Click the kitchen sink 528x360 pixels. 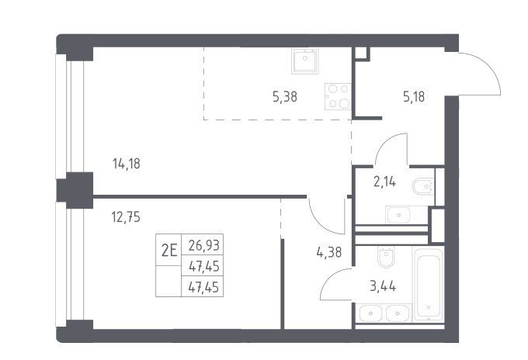pyautogui.click(x=304, y=61)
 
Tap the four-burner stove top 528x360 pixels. pyautogui.click(x=338, y=96)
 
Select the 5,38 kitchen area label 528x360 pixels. pyautogui.click(x=285, y=97)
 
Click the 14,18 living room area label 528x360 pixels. pyautogui.click(x=127, y=164)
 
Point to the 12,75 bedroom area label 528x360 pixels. pyautogui.click(x=126, y=217)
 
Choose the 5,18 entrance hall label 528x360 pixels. pyautogui.click(x=414, y=96)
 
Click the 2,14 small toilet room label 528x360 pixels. pyautogui.click(x=384, y=182)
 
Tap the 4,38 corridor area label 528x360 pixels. pyautogui.click(x=329, y=251)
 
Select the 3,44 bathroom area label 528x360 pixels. pyautogui.click(x=383, y=286)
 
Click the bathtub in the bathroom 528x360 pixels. pyautogui.click(x=429, y=285)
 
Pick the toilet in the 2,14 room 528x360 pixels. pyautogui.click(x=424, y=186)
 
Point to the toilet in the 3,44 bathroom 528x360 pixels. pyautogui.click(x=386, y=258)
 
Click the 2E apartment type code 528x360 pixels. pyautogui.click(x=169, y=250)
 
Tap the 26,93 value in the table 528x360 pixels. pyautogui.click(x=203, y=245)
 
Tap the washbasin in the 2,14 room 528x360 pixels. pyautogui.click(x=398, y=215)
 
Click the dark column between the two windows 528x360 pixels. pyautogui.click(x=75, y=190)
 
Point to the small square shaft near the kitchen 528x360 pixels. pyautogui.click(x=361, y=54)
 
